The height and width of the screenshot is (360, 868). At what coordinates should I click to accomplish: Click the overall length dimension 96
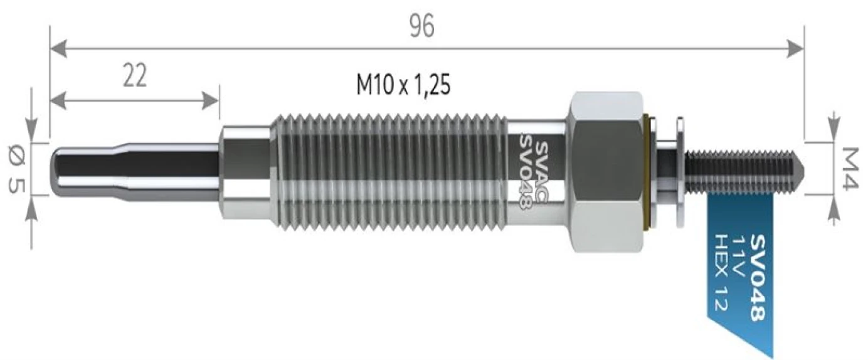point(421,26)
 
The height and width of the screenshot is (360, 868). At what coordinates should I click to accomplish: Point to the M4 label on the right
point(850,169)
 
